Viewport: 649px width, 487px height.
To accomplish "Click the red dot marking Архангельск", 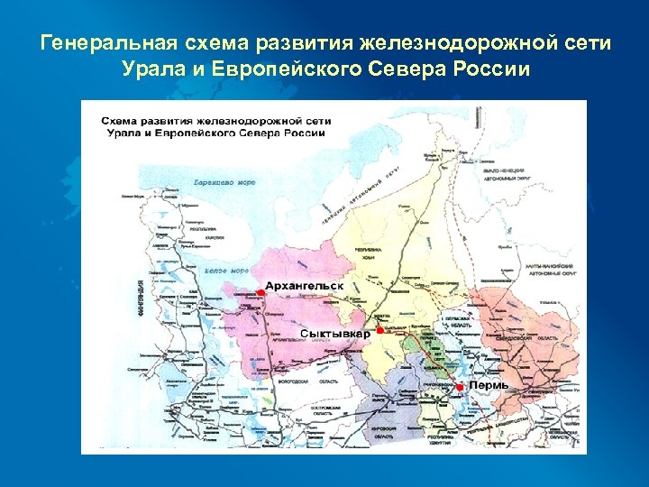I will pyautogui.click(x=261, y=292).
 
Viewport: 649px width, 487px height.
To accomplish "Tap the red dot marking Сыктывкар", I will pyautogui.click(x=380, y=332).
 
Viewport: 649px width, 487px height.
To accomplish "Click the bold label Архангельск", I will pyautogui.click(x=305, y=286).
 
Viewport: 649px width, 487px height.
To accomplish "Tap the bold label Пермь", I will pyautogui.click(x=489, y=385).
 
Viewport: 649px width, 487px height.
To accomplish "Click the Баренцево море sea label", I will pyautogui.click(x=224, y=182).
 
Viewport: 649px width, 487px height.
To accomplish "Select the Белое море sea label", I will pyautogui.click(x=226, y=270).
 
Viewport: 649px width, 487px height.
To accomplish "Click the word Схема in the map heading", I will pyautogui.click(x=119, y=120).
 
